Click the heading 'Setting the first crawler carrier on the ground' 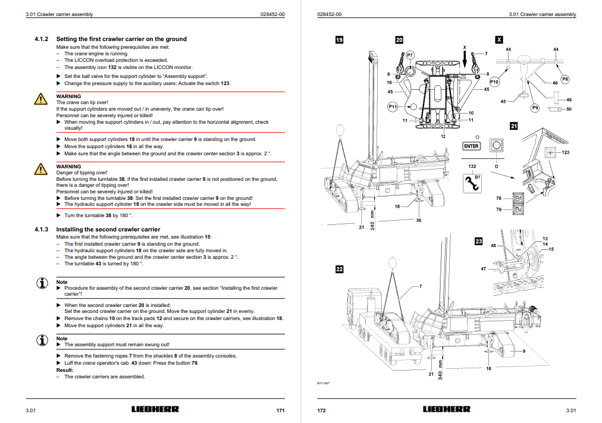[x=121, y=39]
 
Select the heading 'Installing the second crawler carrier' [x=108, y=229]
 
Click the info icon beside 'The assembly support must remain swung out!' [x=41, y=341]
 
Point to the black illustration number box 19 [x=339, y=40]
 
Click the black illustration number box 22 [x=339, y=269]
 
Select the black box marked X [x=499, y=40]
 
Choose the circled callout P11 [x=393, y=106]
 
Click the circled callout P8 [x=565, y=79]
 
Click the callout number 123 [x=566, y=153]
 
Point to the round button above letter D [x=495, y=146]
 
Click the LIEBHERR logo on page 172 [x=446, y=409]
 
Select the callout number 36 [x=419, y=221]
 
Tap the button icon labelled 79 [x=518, y=209]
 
